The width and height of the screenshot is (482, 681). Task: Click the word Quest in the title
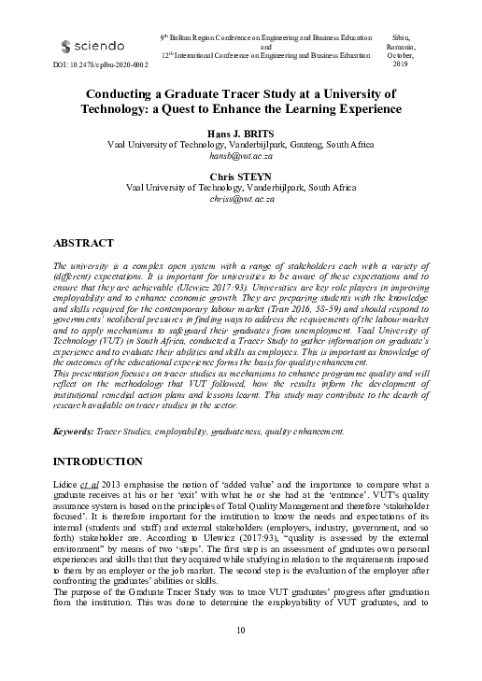(248, 108)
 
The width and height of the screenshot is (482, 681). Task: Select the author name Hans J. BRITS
(241, 135)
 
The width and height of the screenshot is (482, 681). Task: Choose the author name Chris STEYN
(241, 175)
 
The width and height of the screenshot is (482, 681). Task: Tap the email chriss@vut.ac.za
(241, 199)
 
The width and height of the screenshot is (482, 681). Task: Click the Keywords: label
(75, 432)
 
